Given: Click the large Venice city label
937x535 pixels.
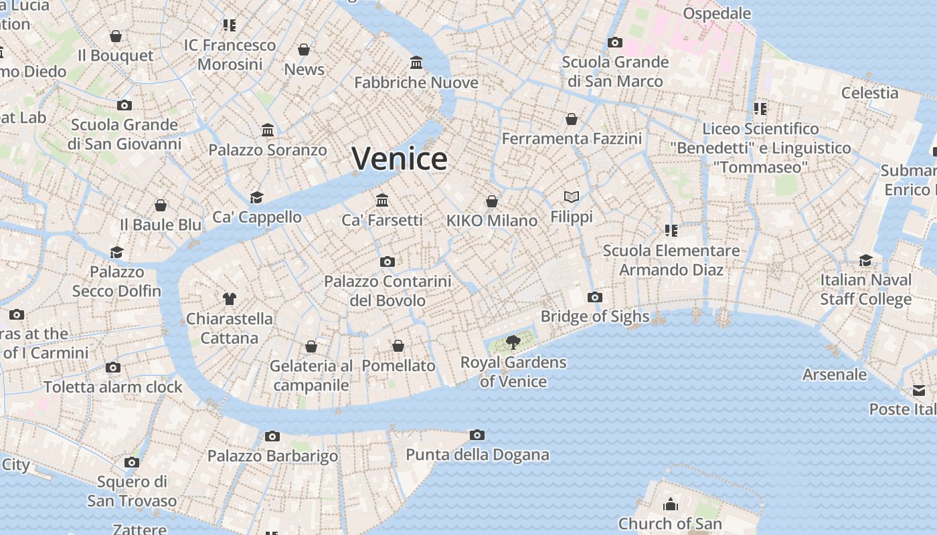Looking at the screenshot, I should [x=400, y=159].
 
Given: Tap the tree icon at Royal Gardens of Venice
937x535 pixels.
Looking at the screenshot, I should [x=513, y=343].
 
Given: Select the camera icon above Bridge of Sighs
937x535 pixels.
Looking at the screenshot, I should [x=594, y=298].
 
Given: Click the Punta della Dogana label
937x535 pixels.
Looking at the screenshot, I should [x=477, y=455].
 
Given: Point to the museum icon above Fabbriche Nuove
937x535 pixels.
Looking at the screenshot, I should [x=416, y=63].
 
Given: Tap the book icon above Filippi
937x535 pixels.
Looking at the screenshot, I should [x=571, y=197].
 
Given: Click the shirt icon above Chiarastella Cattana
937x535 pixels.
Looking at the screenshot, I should [x=230, y=298].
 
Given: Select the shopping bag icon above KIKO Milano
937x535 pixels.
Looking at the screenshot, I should [x=492, y=201].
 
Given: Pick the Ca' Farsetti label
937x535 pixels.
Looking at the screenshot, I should [x=382, y=220].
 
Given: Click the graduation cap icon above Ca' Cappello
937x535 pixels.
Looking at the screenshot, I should [x=256, y=197].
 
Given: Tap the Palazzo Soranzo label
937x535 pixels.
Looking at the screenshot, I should [x=268, y=150].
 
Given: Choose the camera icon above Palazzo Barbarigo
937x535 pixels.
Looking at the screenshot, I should [x=272, y=437].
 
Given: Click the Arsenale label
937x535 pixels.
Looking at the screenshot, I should [x=835, y=374].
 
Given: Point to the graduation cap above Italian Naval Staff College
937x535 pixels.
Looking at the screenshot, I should [x=865, y=260].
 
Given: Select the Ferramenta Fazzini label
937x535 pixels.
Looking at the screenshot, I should [x=572, y=138].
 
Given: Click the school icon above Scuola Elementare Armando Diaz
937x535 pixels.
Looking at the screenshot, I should [x=671, y=231].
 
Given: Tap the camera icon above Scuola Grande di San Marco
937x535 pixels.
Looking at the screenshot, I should [x=614, y=43].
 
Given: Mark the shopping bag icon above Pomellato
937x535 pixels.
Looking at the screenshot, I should [x=398, y=346].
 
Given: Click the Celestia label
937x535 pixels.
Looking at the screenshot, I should [x=869, y=93].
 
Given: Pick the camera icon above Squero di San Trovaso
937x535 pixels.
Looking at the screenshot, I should [x=132, y=463].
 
